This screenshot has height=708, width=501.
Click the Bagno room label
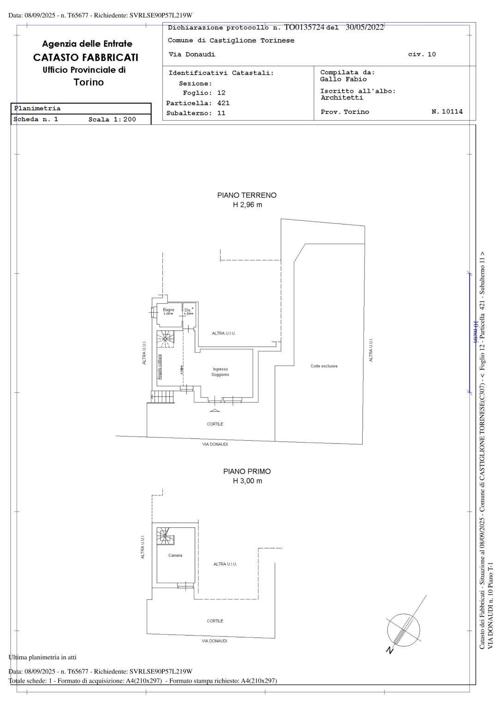[168, 310]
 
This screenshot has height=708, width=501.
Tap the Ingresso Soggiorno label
[220, 372]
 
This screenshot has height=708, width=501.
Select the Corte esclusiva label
[324, 366]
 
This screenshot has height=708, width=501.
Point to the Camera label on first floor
[175, 555]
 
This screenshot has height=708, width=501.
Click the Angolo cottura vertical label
[160, 367]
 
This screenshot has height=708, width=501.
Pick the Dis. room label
[188, 310]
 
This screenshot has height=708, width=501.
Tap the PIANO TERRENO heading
[247, 195]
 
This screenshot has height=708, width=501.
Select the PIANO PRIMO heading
[247, 472]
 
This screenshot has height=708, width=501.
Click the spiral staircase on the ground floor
[165, 340]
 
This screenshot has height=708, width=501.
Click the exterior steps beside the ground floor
[162, 397]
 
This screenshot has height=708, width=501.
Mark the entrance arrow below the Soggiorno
[215, 410]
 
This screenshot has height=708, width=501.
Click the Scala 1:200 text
[112, 119]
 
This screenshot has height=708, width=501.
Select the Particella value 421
[223, 103]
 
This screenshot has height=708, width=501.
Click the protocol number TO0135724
[304, 28]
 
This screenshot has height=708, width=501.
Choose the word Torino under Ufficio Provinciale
[89, 83]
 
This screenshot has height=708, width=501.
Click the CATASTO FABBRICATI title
[85, 58]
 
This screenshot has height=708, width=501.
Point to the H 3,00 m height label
[247, 481]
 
